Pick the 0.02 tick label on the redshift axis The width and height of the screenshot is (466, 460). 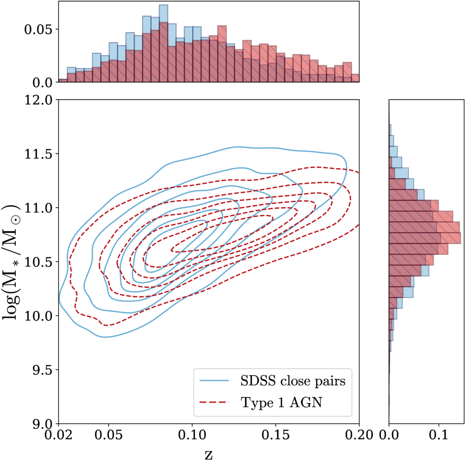pyautogui.click(x=58, y=435)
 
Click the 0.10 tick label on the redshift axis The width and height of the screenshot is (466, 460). pyautogui.click(x=192, y=435)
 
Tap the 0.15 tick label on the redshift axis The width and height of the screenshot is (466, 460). pyautogui.click(x=276, y=435)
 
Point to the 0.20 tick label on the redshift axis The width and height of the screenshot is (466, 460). pyautogui.click(x=359, y=435)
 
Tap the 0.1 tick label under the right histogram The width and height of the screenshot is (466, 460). pyautogui.click(x=439, y=435)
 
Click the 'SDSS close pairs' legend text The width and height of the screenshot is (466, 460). pyautogui.click(x=293, y=380)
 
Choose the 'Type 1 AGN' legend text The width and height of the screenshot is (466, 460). pyautogui.click(x=282, y=402)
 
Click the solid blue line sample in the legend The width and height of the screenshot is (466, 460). pyautogui.click(x=214, y=380)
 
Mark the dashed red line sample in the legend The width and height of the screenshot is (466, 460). pyautogui.click(x=214, y=402)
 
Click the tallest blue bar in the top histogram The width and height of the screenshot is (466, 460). pyautogui.click(x=163, y=44)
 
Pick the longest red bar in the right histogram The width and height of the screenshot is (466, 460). pyautogui.click(x=425, y=238)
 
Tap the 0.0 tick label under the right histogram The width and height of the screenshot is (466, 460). pyautogui.click(x=389, y=435)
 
